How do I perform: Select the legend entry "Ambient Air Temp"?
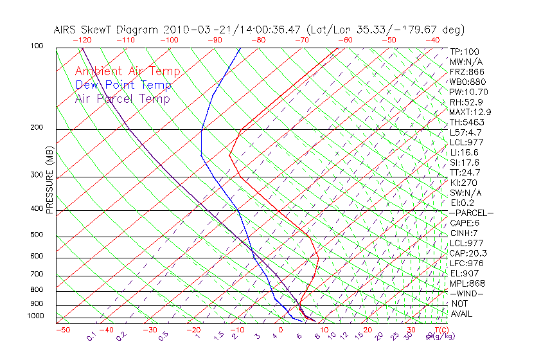[127, 72]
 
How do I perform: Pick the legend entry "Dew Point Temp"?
[123, 85]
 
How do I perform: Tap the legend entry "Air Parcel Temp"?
[122, 99]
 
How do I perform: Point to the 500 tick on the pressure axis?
[37, 235]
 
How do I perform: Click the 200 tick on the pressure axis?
[37, 128]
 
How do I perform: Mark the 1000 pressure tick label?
[35, 316]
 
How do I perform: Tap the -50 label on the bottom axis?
[62, 330]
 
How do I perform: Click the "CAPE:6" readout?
[465, 223]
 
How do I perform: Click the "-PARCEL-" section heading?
[471, 213]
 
